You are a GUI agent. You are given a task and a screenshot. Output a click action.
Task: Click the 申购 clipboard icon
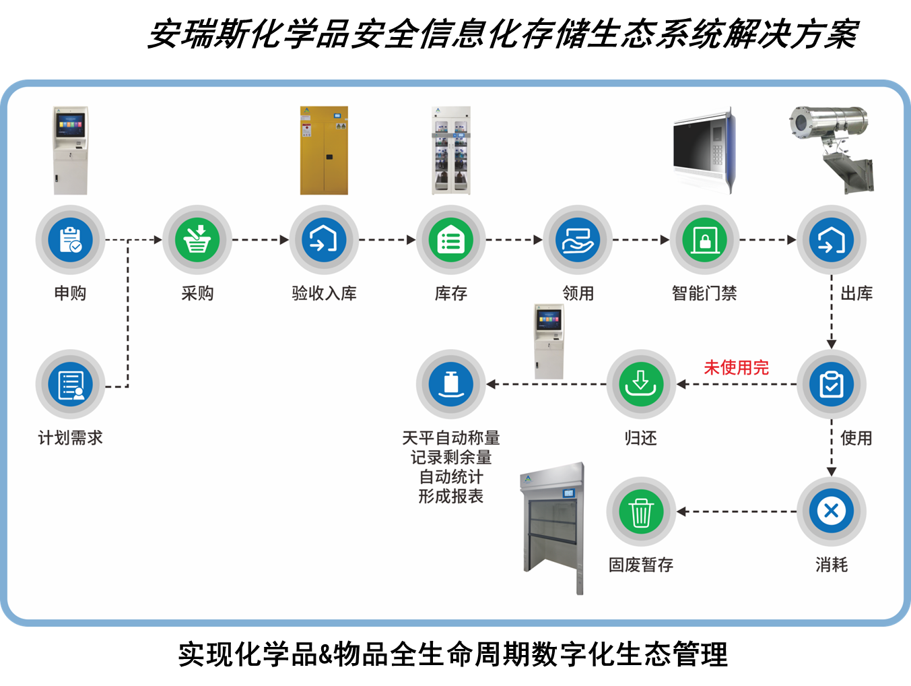70,239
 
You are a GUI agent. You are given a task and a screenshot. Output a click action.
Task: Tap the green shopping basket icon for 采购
197,239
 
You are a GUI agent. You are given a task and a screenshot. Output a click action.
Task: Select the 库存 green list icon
450,239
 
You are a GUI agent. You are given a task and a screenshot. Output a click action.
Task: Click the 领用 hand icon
578,239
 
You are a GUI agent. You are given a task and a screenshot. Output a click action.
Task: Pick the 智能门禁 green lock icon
704,239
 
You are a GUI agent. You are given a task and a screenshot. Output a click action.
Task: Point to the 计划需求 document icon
70,384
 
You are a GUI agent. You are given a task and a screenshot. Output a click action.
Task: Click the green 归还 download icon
640,384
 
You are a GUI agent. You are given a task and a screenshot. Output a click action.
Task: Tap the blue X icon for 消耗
831,511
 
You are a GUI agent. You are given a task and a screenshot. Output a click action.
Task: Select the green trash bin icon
640,511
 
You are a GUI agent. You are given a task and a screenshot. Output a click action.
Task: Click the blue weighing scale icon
450,384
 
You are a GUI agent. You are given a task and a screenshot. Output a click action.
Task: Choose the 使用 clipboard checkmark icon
831,384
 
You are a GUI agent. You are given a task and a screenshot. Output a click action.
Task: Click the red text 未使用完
736,367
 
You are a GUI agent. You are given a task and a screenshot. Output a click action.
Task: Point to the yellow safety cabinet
324,150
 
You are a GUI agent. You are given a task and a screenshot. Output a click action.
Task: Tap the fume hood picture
552,529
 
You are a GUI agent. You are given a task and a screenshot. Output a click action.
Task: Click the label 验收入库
324,293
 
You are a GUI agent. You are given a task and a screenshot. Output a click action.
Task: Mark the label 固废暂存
640,565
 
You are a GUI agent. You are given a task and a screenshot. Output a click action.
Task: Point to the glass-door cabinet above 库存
450,150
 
